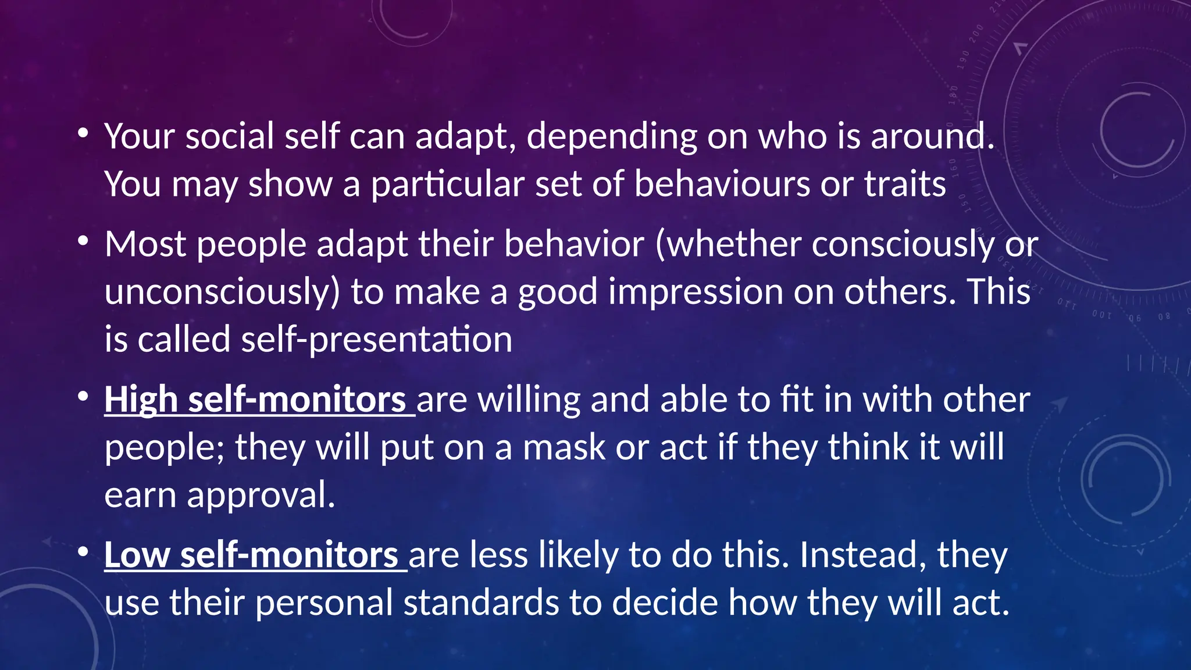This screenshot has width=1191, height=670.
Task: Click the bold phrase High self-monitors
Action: click(256, 400)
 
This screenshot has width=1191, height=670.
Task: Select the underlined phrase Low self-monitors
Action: click(251, 555)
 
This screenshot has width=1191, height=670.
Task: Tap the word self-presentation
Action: click(376, 340)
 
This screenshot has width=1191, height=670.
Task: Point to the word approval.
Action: click(261, 496)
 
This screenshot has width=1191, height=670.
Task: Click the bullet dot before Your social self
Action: click(83, 134)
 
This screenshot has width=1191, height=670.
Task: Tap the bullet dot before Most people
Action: click(83, 241)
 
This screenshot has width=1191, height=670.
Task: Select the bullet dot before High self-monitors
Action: click(83, 397)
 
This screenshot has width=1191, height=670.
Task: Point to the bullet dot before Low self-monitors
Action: click(83, 552)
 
